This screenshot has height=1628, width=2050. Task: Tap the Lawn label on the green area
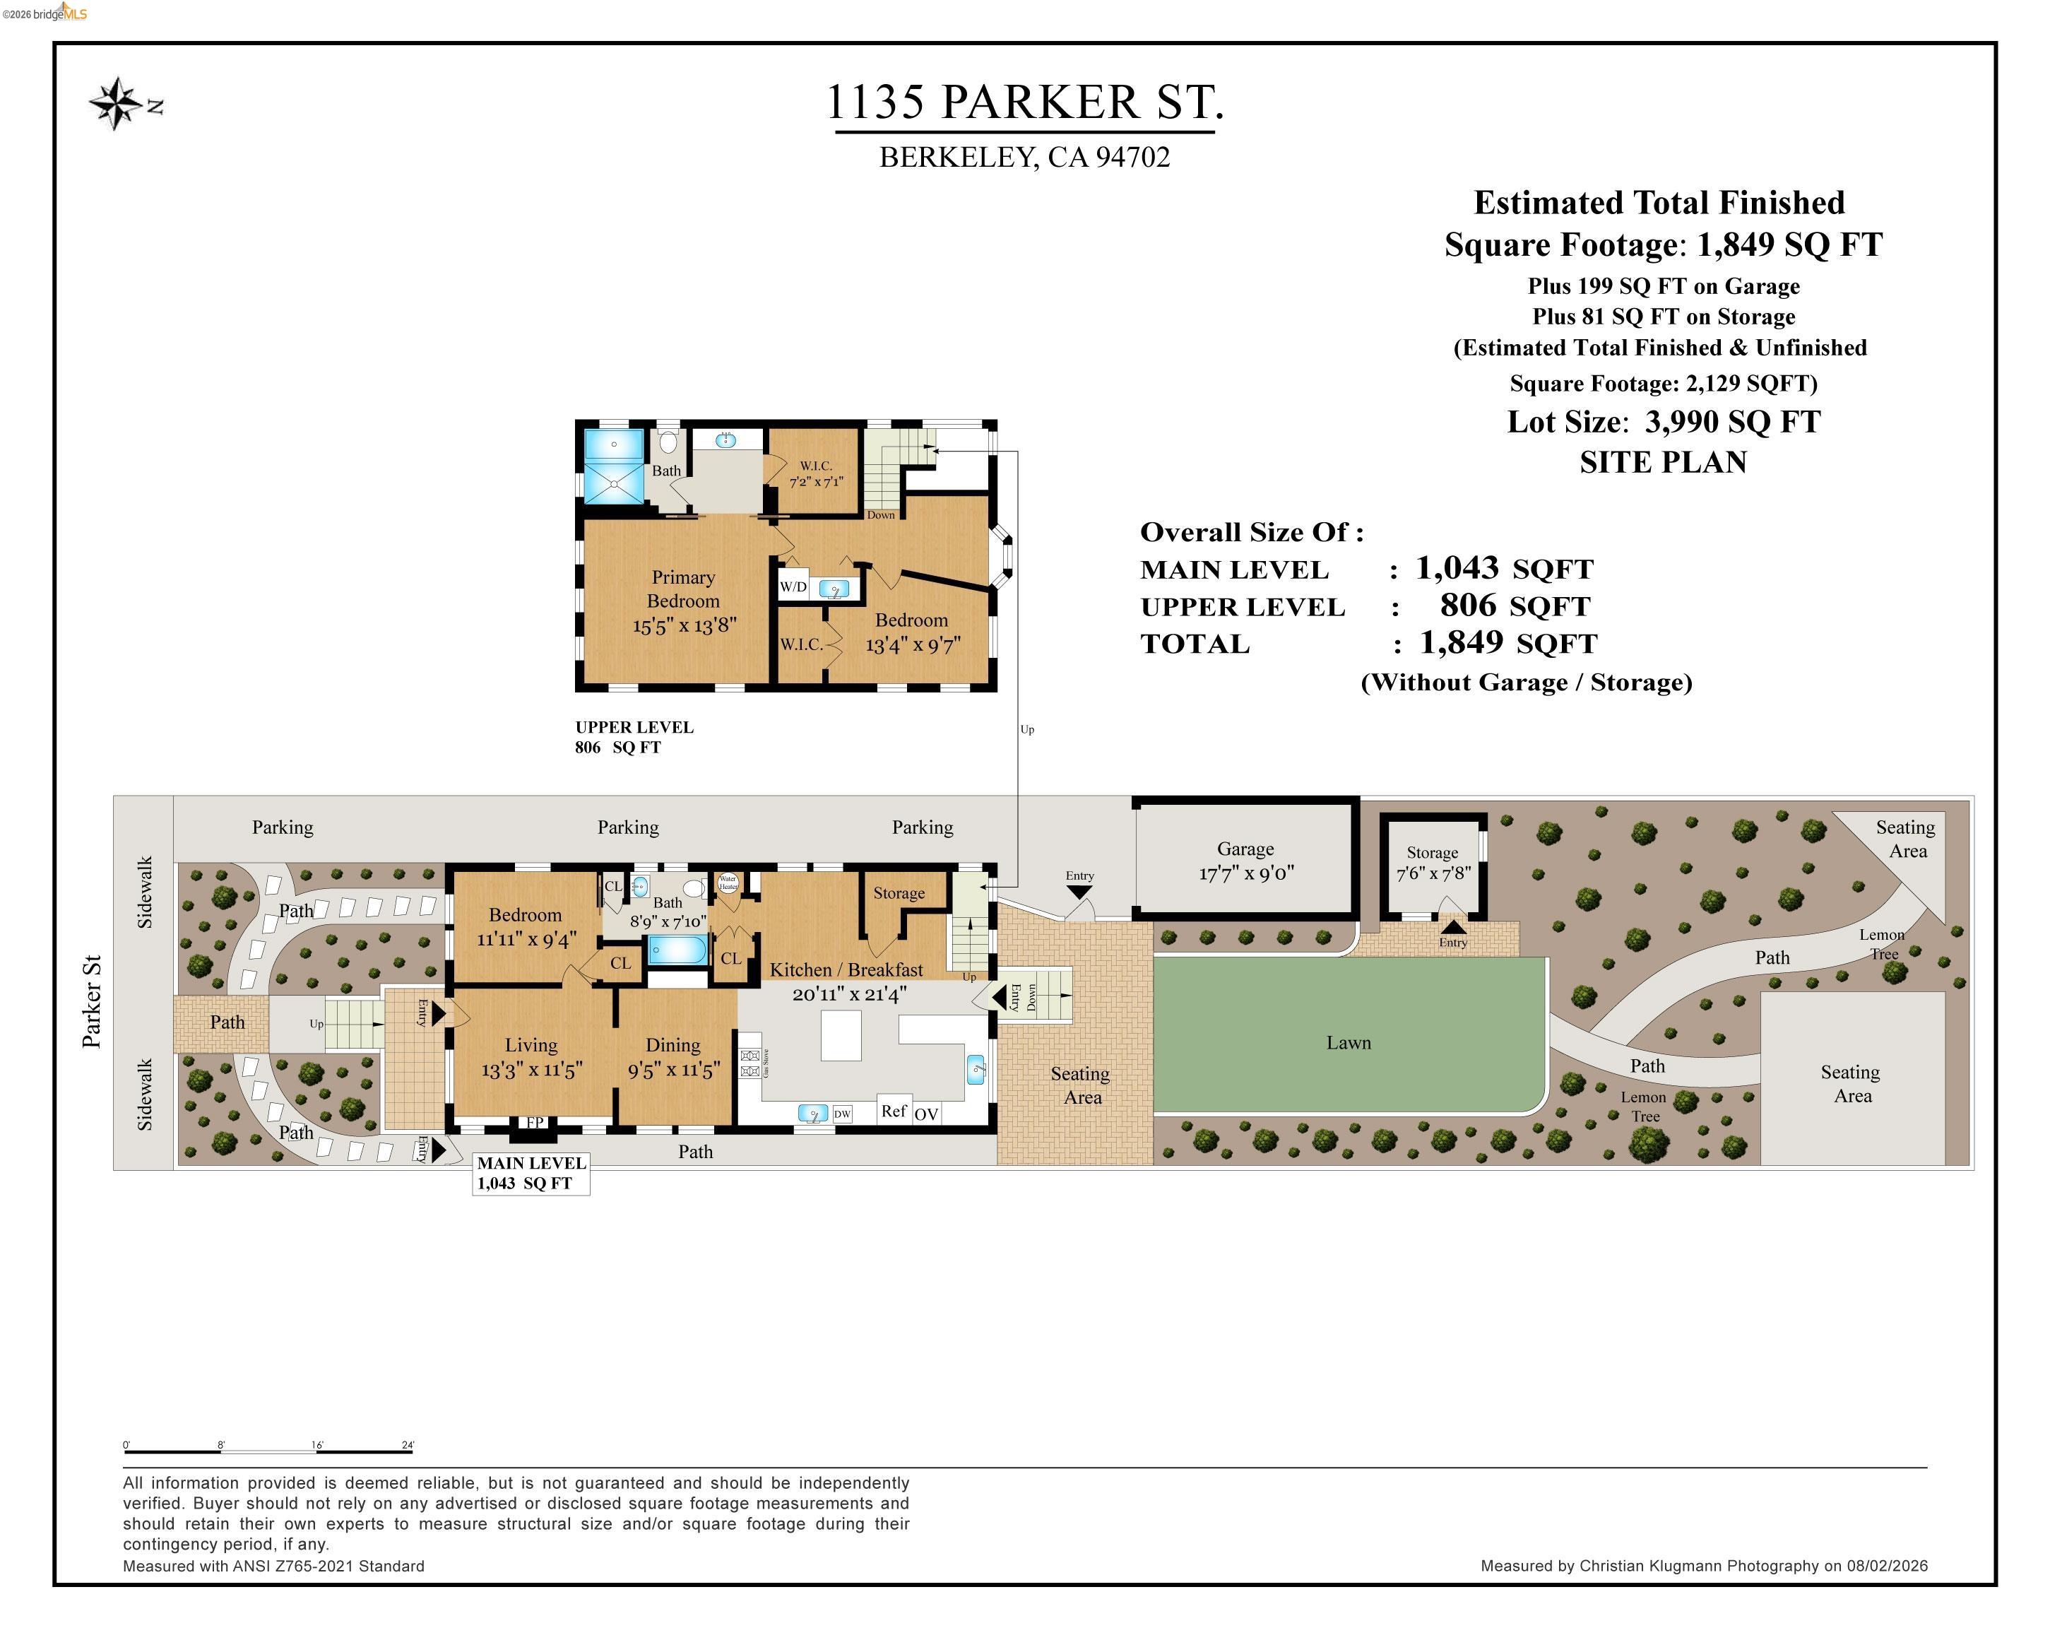pos(1349,1042)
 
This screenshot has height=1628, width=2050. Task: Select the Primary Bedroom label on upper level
pos(682,589)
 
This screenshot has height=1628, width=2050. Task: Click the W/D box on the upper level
pos(793,586)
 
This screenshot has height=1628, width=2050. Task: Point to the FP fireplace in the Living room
pos(534,1123)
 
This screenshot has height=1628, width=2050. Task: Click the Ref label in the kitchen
pos(893,1111)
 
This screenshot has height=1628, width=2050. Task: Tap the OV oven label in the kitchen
pos(926,1114)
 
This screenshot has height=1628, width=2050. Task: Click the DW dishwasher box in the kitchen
pos(841,1114)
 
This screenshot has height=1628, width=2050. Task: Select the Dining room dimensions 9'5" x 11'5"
pos(673,1070)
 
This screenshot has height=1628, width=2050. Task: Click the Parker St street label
pos(91,1001)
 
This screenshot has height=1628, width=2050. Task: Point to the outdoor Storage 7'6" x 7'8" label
pos(1432,863)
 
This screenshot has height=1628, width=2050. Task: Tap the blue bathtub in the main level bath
pos(677,949)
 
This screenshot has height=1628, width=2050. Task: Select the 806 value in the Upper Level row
pos(1467,605)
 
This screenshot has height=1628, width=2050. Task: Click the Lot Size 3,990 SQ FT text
pos(1663,421)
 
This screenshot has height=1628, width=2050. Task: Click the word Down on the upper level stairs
pos(880,515)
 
